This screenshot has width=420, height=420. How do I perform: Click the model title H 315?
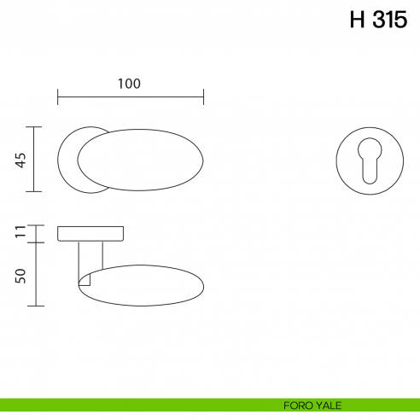click(378, 20)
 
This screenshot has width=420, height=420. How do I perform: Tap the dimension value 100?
click(129, 84)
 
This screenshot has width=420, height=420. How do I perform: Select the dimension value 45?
click(20, 160)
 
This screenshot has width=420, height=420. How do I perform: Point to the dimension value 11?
click(20, 231)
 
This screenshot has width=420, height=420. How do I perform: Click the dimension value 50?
click(20, 276)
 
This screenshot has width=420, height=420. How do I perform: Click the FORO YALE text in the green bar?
click(312, 405)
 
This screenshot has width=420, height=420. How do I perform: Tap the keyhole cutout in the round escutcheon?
click(370, 160)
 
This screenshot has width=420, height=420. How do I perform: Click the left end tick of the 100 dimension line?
click(58, 96)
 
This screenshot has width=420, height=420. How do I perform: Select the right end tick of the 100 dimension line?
click(203, 96)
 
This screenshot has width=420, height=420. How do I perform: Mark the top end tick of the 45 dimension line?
click(34, 127)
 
